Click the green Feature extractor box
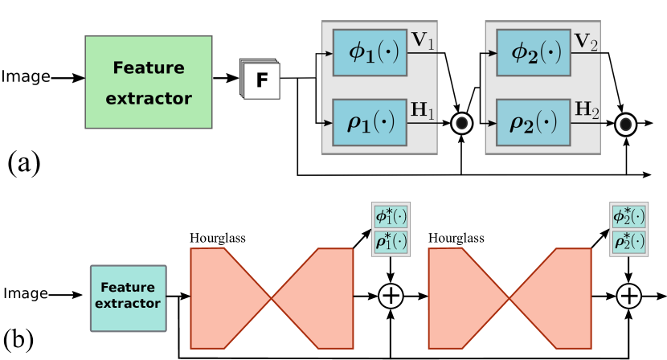(149, 82)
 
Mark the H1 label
(424, 108)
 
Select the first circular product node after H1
(462, 123)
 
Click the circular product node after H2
(626, 124)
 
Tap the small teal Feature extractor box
(128, 297)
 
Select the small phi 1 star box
(391, 217)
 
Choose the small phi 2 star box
(628, 217)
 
